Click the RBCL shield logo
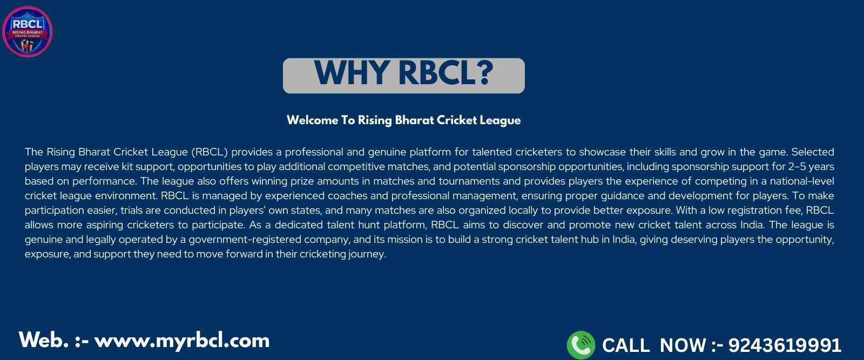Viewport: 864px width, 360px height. coord(28,31)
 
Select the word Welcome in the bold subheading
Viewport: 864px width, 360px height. coord(313,120)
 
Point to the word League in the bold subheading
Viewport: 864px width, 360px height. coord(500,121)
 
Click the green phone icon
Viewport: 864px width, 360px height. coord(581,345)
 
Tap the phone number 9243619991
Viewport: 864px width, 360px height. coord(785,345)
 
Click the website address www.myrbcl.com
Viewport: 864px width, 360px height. coord(182,341)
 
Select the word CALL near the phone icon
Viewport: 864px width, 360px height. coord(626,345)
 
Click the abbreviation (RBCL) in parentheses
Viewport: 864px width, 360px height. coord(210,152)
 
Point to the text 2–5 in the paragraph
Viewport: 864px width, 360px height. coord(797,167)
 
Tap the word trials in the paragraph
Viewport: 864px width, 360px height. coord(131,210)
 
